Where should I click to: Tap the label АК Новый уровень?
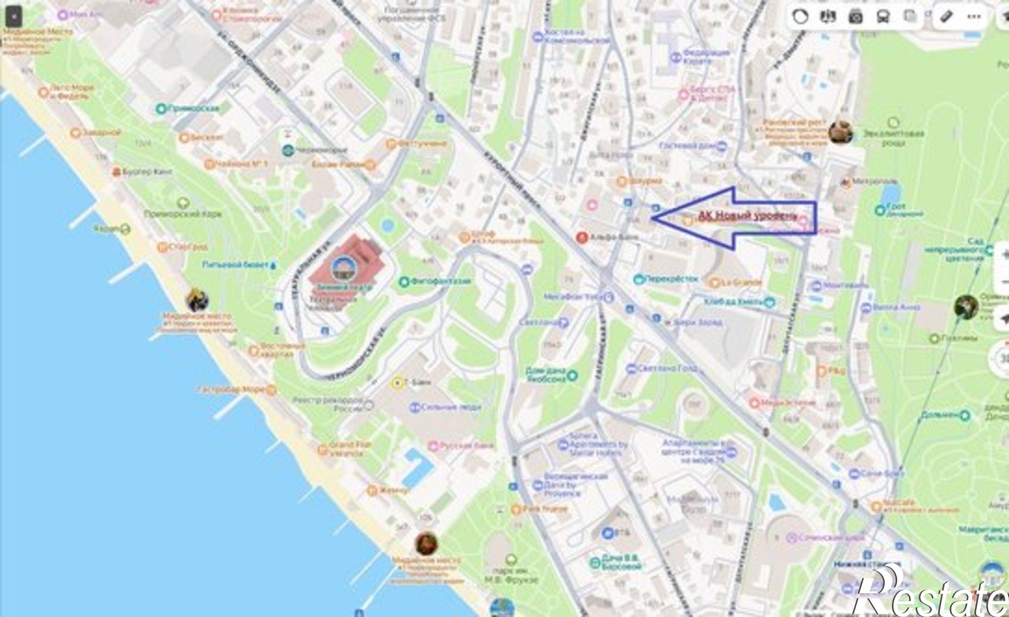pyautogui.click(x=747, y=216)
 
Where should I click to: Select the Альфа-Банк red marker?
pyautogui.click(x=582, y=237)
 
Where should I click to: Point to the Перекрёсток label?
pyautogui.click(x=672, y=278)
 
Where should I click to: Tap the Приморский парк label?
pyautogui.click(x=183, y=214)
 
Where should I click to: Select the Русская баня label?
pyautogui.click(x=467, y=445)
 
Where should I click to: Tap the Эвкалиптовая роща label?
pyautogui.click(x=893, y=138)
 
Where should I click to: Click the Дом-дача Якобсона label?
pyautogui.click(x=546, y=374)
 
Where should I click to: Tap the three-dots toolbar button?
pyautogui.click(x=974, y=17)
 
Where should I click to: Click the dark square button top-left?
pyautogui.click(x=14, y=17)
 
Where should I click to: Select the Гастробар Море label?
pyautogui.click(x=232, y=389)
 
